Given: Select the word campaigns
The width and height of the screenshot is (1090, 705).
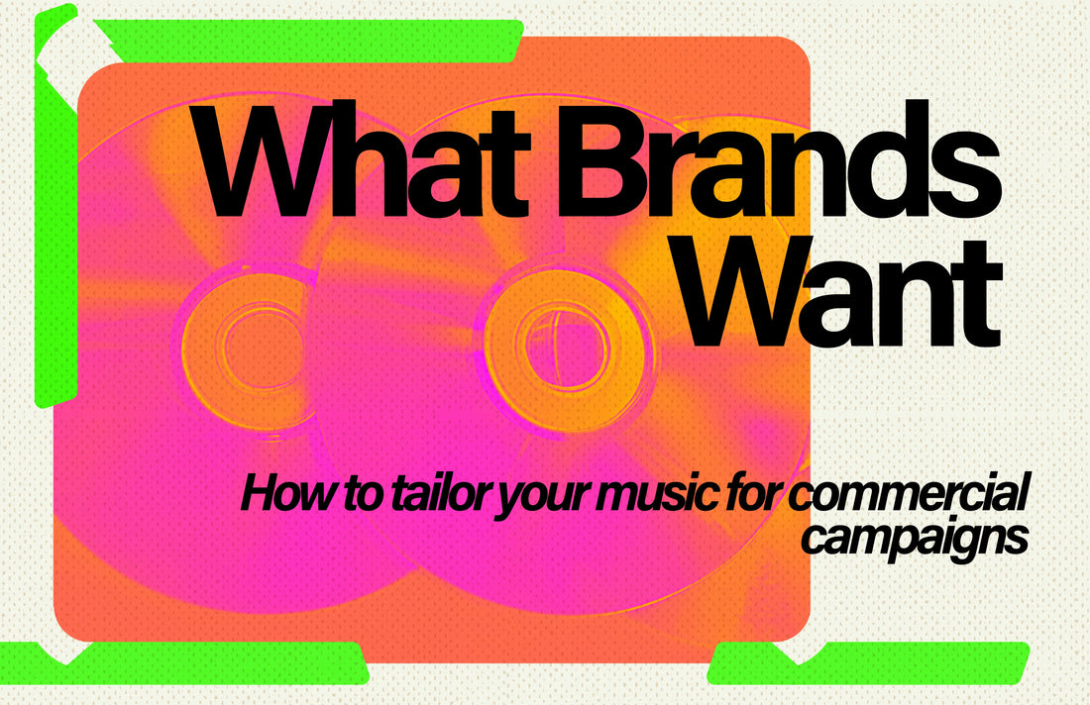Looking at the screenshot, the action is point(915,540).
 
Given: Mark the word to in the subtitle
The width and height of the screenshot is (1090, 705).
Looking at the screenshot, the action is point(364,494).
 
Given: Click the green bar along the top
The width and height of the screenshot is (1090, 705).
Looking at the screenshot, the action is point(309,41).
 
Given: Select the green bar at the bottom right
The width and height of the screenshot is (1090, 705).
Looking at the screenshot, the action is point(868,662).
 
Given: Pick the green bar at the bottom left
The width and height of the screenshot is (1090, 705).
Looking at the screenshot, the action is point(183,662).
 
